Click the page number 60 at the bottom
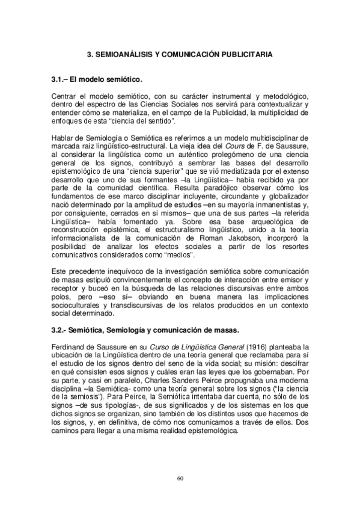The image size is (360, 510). click(180, 478)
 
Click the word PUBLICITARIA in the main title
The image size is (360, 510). click(243, 54)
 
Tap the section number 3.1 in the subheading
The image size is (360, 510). click(58, 79)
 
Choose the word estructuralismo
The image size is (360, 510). click(166, 232)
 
